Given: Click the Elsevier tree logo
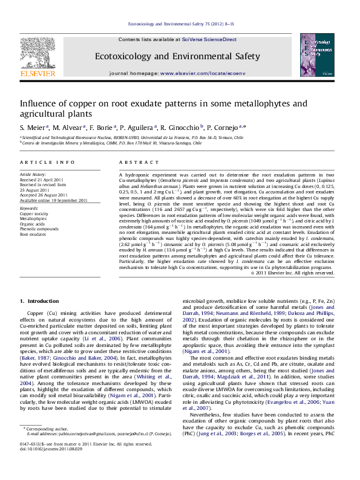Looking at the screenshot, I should pos(38,57).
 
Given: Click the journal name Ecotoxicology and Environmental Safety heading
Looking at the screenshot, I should pos(177,56).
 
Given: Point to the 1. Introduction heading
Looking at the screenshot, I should pos(39,300).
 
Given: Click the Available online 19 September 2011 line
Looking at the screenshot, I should pos(54,199).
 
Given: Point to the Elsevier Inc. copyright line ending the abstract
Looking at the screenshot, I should pos(284,273).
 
